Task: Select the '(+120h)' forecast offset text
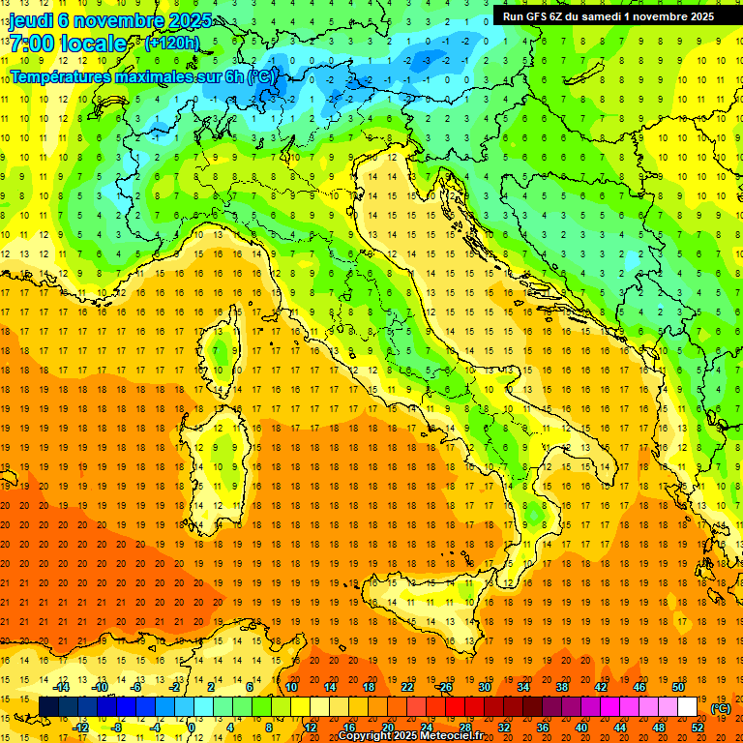[x=172, y=44]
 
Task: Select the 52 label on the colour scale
[x=698, y=727]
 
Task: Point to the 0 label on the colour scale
[x=191, y=727]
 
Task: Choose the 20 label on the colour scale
[x=388, y=727]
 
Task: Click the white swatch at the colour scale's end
[x=687, y=706]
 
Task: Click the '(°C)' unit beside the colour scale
[x=721, y=707]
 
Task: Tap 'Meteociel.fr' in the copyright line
[x=459, y=736]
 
